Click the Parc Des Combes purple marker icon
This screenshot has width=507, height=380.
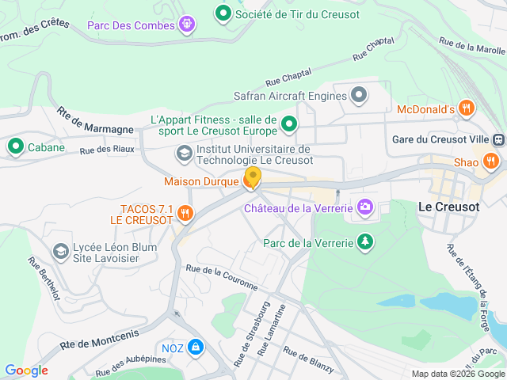pyautogui.click(x=186, y=25)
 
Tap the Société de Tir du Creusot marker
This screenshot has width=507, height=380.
pyautogui.click(x=223, y=13)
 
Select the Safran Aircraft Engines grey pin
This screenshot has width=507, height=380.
pyautogui.click(x=359, y=97)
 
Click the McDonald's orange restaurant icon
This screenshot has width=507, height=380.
pyautogui.click(x=467, y=108)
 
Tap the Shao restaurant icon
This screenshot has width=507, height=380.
pyautogui.click(x=490, y=161)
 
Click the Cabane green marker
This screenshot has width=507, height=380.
pyautogui.click(x=15, y=146)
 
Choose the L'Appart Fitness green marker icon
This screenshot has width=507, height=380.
pyautogui.click(x=289, y=124)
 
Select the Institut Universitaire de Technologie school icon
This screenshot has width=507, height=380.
pyautogui.click(x=184, y=153)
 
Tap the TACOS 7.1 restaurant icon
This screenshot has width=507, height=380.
pyautogui.click(x=185, y=212)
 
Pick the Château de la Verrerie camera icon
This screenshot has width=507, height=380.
pyautogui.click(x=364, y=208)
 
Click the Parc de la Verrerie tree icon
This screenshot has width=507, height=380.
pyautogui.click(x=364, y=241)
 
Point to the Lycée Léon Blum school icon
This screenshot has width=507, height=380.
pyautogui.click(x=60, y=252)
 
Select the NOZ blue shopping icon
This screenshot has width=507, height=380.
pyautogui.click(x=195, y=347)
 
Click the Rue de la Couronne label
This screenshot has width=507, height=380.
pyautogui.click(x=221, y=276)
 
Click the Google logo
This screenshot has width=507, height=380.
pyautogui.click(x=26, y=370)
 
